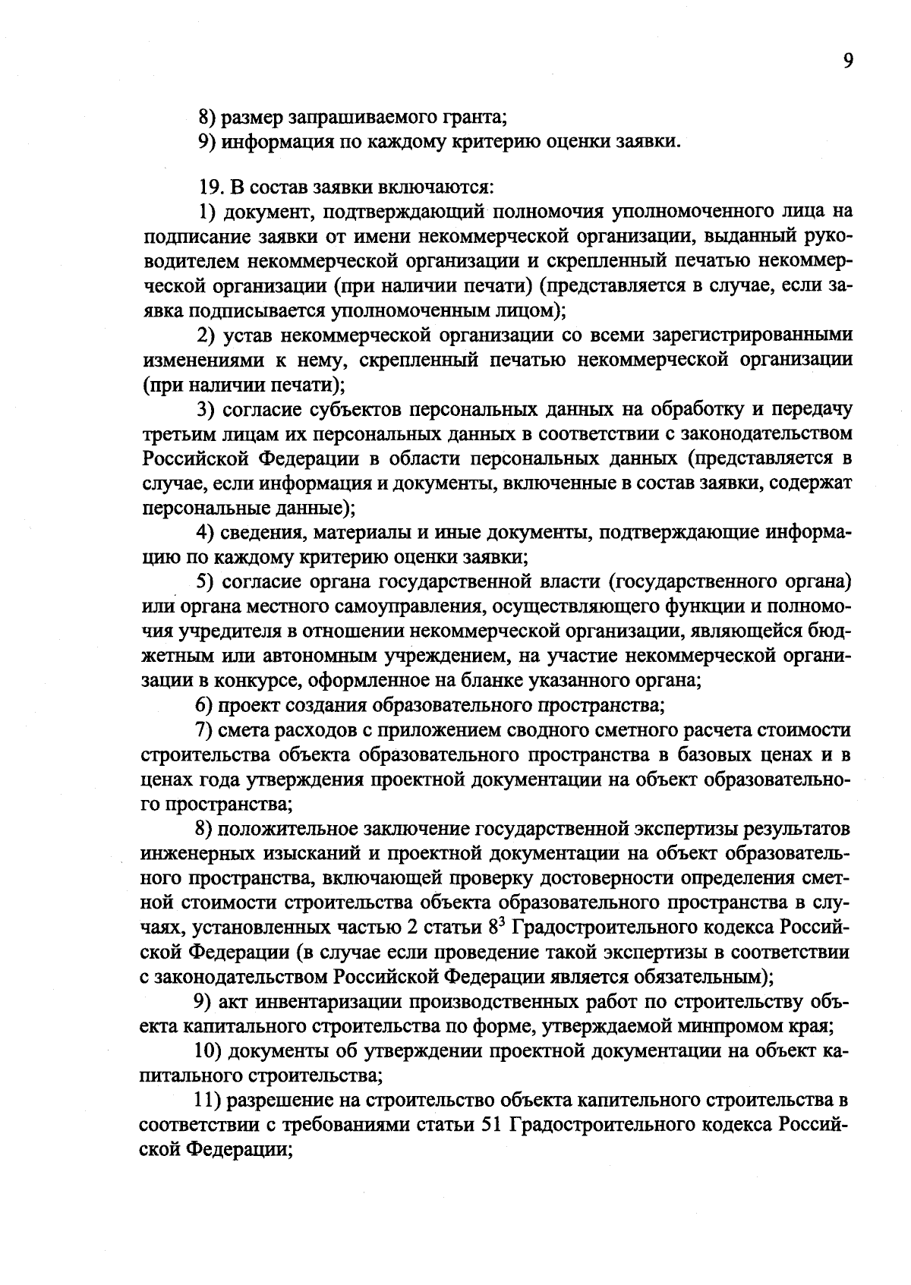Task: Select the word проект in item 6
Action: coord(244,705)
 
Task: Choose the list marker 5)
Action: coord(206,582)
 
